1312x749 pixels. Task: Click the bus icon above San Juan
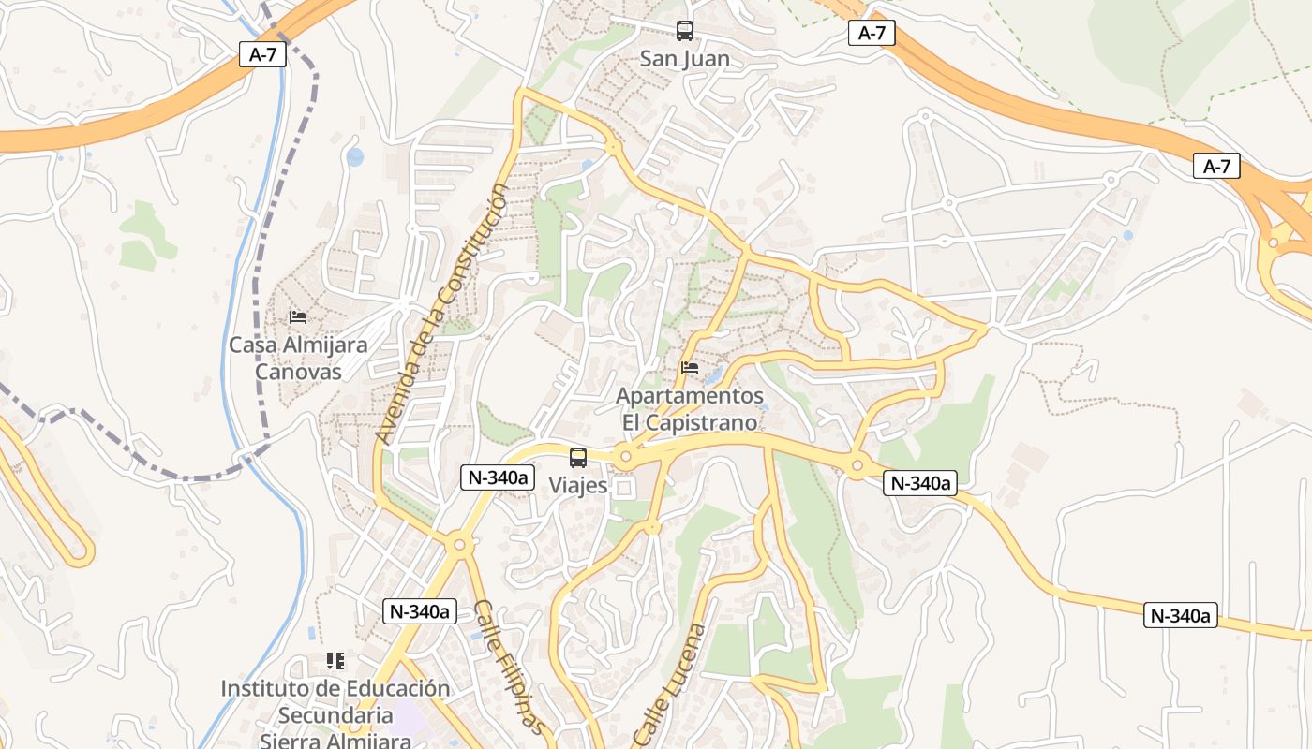click(685, 31)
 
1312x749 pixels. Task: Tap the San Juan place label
click(684, 59)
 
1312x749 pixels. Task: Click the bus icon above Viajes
click(578, 458)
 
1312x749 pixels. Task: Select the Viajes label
click(578, 486)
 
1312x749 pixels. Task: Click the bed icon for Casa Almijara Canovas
click(298, 317)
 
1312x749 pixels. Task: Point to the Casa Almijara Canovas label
click(298, 358)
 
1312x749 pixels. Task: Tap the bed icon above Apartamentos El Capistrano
click(690, 368)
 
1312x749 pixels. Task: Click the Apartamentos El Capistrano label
click(690, 409)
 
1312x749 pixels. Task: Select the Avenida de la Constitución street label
click(440, 314)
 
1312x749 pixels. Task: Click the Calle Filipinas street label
click(508, 667)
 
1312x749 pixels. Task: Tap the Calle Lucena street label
click(668, 683)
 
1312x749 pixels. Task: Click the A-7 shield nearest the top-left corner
click(262, 54)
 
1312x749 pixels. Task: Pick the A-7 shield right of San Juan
click(872, 34)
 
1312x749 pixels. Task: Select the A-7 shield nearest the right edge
click(1216, 167)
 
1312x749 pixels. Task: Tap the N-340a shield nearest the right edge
click(1181, 615)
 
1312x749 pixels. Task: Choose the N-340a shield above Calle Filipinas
click(420, 611)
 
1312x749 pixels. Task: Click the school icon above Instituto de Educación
click(335, 661)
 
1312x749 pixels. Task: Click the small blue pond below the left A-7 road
click(354, 156)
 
